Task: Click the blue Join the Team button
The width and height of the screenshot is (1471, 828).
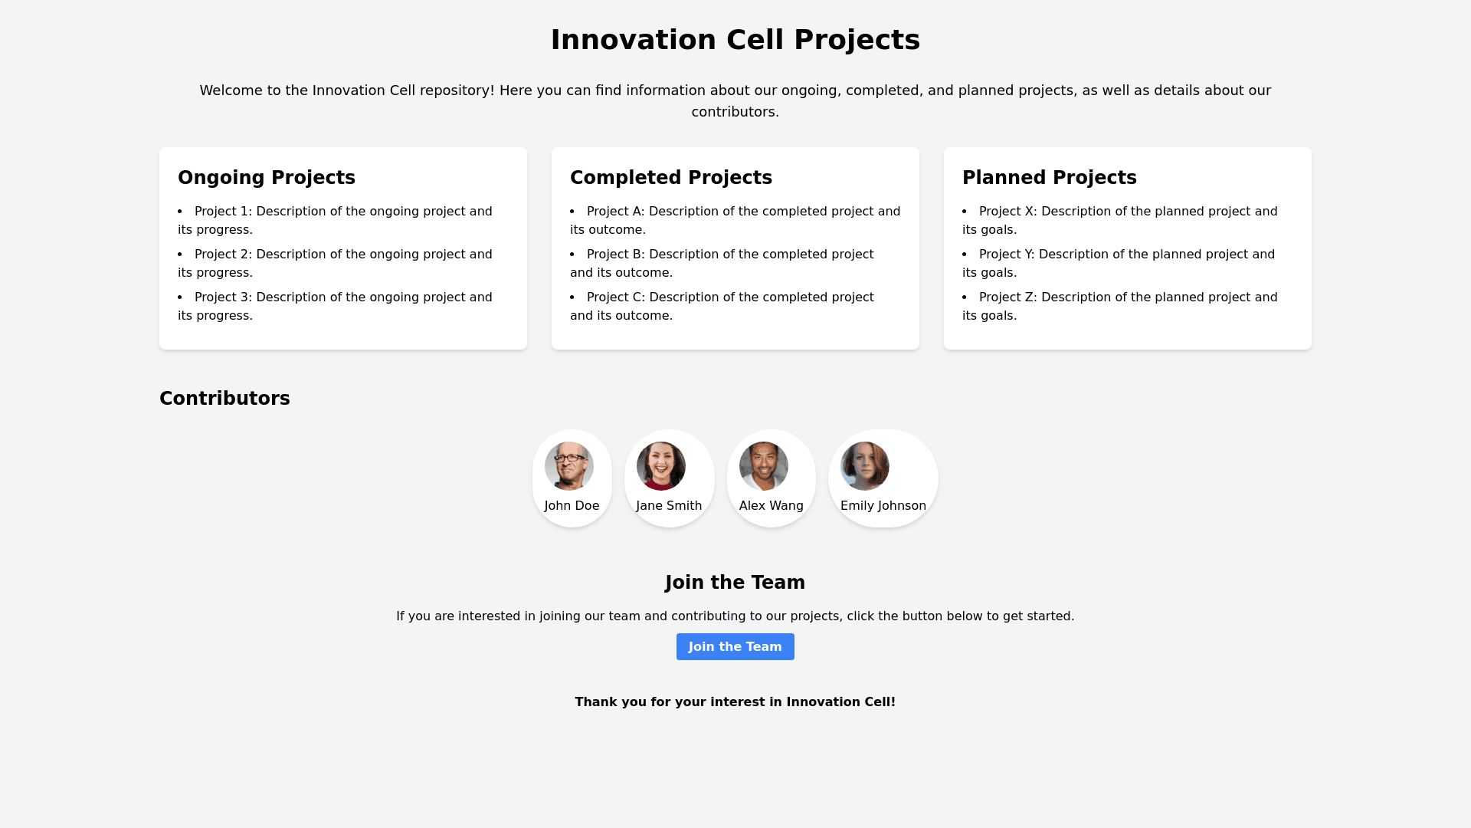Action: (x=735, y=646)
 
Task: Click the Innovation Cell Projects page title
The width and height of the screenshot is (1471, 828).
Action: (x=735, y=40)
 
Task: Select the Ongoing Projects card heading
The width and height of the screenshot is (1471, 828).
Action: (x=267, y=178)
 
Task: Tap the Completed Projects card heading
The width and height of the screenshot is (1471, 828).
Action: (x=670, y=178)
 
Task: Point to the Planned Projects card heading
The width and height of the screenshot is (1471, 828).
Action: (x=1049, y=178)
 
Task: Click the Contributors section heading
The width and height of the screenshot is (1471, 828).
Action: (x=224, y=399)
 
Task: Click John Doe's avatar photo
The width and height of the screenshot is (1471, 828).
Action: (x=569, y=466)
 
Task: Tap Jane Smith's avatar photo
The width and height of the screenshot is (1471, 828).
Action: (x=661, y=466)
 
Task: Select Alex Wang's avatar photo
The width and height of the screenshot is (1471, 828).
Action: (x=764, y=466)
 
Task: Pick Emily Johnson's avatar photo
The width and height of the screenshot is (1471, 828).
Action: (x=865, y=466)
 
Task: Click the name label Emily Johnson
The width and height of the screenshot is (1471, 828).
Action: (x=883, y=506)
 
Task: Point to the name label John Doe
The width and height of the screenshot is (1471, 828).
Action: (x=572, y=506)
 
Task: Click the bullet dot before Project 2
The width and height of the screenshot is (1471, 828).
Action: (x=181, y=255)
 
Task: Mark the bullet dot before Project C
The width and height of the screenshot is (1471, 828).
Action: (x=573, y=297)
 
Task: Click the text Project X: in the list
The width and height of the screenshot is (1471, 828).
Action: (x=1007, y=212)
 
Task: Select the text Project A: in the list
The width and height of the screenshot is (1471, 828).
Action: (x=615, y=212)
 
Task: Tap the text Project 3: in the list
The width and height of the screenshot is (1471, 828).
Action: (x=223, y=297)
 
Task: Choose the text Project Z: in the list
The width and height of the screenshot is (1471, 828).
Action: (x=1007, y=297)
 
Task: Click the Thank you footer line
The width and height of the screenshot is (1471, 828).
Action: (x=735, y=702)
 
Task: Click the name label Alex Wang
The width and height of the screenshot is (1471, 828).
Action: (x=771, y=506)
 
